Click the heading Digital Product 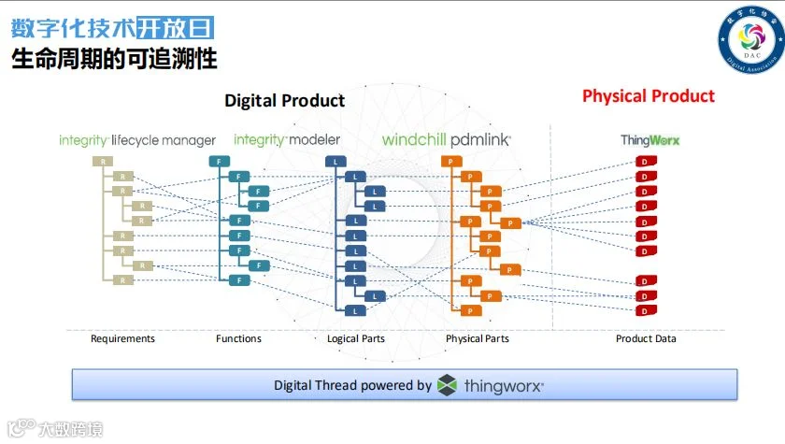(284, 101)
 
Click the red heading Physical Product (648, 96)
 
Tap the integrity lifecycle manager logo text (136, 140)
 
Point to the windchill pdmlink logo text (446, 140)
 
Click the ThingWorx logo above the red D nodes (649, 140)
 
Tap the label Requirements (122, 338)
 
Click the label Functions (238, 338)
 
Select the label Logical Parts (355, 338)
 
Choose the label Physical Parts (477, 338)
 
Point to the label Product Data (646, 338)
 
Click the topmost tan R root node (98, 162)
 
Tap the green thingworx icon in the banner (447, 384)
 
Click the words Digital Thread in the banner (321, 385)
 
